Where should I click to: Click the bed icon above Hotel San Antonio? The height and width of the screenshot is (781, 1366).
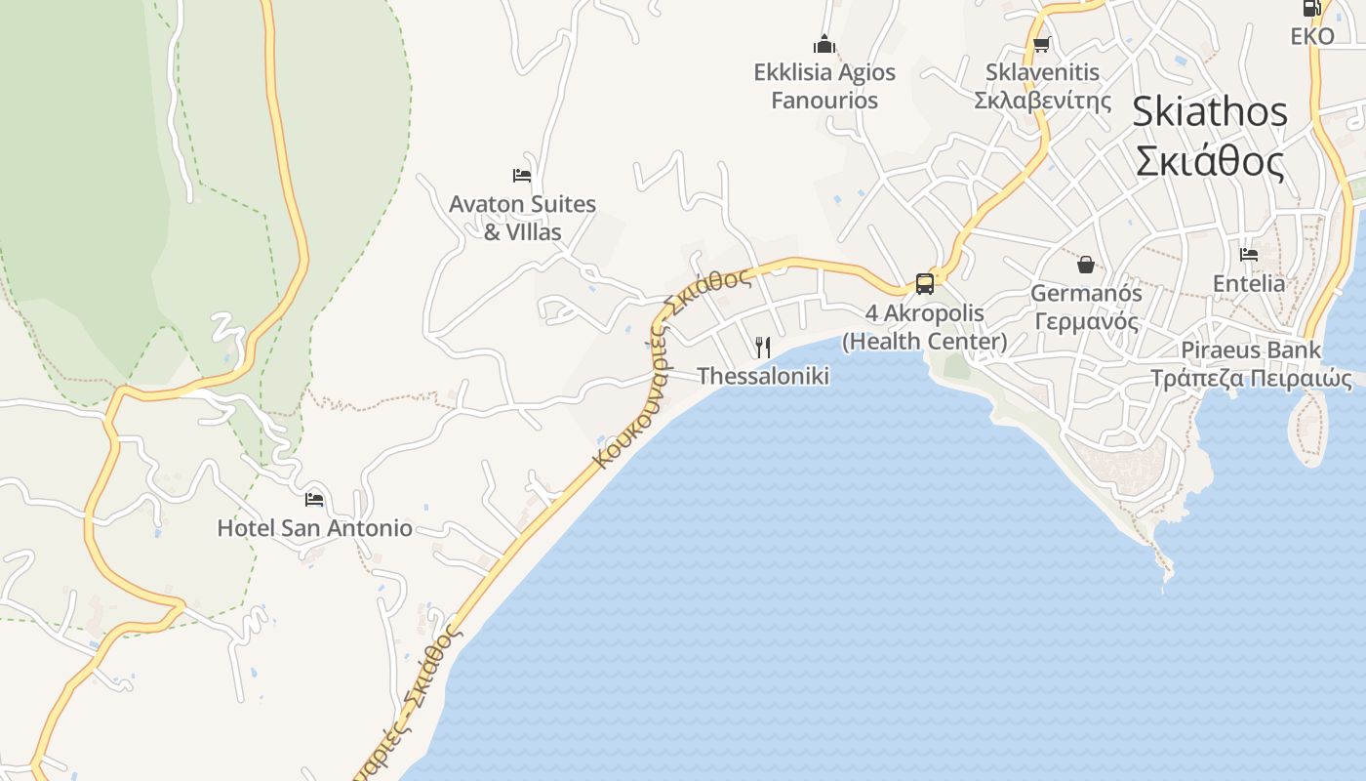(314, 499)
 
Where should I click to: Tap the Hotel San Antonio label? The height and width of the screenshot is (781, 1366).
(314, 528)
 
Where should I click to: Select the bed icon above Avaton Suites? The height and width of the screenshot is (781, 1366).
(522, 176)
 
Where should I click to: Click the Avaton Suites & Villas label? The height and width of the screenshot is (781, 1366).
(522, 218)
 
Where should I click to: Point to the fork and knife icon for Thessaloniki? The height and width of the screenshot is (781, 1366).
(763, 347)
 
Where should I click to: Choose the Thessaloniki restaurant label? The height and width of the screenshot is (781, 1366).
(763, 376)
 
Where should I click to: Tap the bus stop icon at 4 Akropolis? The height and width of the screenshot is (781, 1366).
(924, 284)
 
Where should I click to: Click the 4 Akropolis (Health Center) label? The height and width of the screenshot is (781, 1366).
(924, 327)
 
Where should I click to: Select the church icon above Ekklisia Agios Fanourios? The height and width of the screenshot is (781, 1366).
(824, 44)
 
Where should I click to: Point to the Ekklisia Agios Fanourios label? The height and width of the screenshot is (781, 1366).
(824, 86)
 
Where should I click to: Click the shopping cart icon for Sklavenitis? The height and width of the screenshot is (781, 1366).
(1041, 44)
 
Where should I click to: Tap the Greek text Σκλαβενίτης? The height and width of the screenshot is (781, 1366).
(1042, 101)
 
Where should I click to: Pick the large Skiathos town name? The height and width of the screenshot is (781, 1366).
(1210, 112)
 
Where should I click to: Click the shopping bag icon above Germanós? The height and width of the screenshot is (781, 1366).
(1085, 264)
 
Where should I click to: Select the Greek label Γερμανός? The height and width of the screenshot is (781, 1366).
(1086, 321)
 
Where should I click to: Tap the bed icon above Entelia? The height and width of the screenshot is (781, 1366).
(1249, 255)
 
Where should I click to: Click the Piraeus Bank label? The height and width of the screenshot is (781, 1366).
(1251, 349)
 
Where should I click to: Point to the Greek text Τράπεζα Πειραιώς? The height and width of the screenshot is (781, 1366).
(1251, 379)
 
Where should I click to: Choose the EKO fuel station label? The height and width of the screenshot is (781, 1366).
(1311, 36)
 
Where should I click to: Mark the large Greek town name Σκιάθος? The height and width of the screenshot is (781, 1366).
(1210, 161)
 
